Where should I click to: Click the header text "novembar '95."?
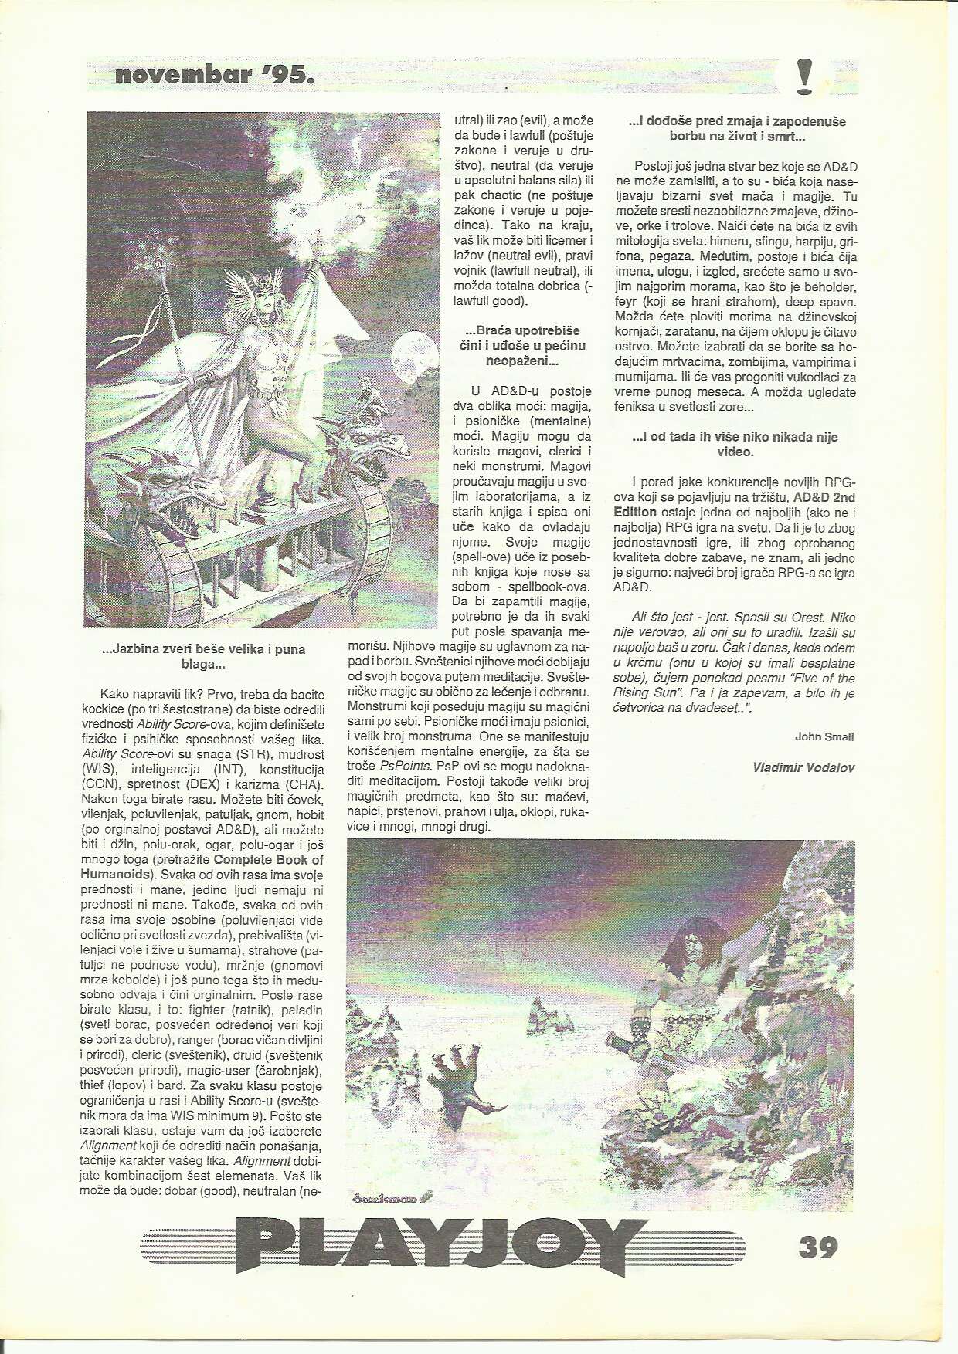point(214,76)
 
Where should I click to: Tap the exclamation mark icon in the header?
point(804,76)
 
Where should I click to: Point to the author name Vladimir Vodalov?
point(803,767)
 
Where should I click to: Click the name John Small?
point(824,736)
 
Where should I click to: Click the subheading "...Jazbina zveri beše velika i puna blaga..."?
point(204,656)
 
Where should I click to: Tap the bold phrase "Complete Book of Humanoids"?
point(202,867)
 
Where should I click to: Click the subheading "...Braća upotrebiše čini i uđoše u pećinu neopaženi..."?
point(521,345)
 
